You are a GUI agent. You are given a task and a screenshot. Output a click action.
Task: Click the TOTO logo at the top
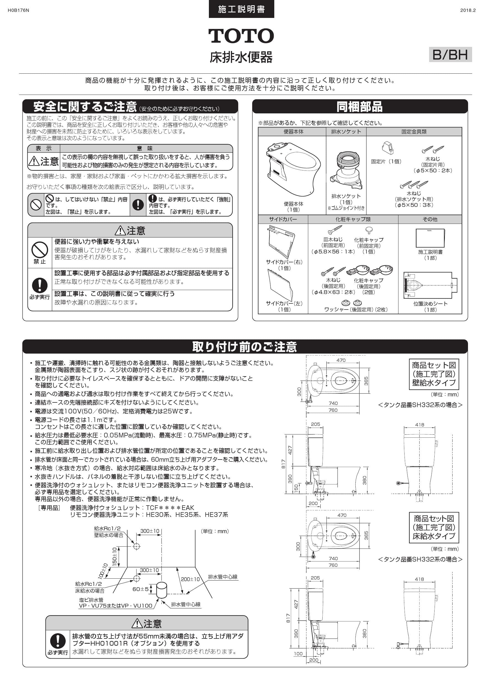pos(241,36)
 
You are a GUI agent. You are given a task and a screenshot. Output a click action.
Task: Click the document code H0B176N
pos(18,10)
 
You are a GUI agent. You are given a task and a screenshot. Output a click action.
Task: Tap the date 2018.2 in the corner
pos(468,10)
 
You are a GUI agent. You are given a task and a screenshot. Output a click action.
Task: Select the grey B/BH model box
pos(450,55)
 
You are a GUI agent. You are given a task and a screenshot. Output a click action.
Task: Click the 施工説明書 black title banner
pos(241,9)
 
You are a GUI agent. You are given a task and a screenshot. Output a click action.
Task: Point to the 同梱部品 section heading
pos(360,107)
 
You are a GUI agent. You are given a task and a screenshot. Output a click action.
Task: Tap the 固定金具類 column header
pos(414,132)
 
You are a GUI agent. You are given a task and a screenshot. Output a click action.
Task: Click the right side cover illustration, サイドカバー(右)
pos(281,242)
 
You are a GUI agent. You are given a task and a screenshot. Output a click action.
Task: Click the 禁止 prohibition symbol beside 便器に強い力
pos(40,250)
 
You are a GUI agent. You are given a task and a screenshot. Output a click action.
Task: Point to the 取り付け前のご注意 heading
pos(245,347)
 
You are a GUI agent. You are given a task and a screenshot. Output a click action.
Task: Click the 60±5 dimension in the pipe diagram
pos(140,589)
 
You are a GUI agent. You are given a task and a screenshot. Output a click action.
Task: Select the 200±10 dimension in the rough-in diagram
pos(190,579)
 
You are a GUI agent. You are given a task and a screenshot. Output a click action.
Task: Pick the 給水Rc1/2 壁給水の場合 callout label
pos(108,532)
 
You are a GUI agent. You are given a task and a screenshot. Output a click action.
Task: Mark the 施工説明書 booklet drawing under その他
pos(430,238)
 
